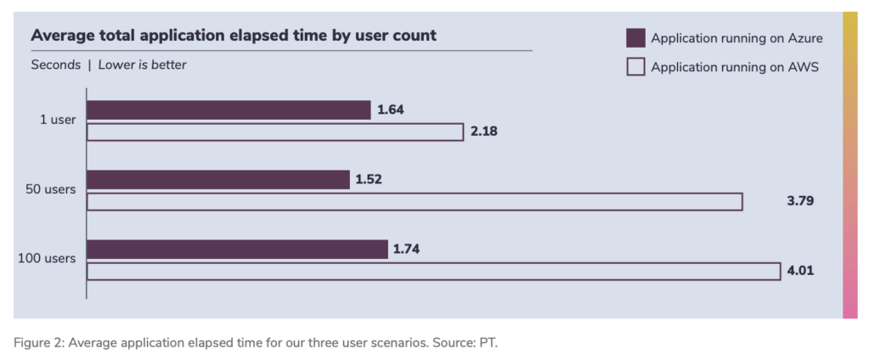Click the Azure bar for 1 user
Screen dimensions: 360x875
pos(229,110)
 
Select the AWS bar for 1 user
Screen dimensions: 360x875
pos(275,132)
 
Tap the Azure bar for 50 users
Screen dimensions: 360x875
pos(218,179)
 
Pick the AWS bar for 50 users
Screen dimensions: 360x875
pos(415,202)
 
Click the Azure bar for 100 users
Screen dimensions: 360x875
pos(237,249)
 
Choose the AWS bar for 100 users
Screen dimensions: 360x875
pos(433,272)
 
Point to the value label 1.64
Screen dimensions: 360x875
pos(391,110)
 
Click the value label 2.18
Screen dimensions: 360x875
pos(483,132)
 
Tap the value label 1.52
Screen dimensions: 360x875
pos(370,179)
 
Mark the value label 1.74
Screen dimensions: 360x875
pos(407,249)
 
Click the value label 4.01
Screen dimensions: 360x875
pos(800,272)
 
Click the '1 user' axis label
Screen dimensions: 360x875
pos(58,120)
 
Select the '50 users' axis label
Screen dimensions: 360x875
pos(53,189)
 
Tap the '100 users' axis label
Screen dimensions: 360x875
pos(48,258)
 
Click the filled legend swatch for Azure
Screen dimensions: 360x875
pos(635,37)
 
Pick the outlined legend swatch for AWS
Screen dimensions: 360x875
pos(635,67)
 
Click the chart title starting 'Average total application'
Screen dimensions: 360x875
pos(234,36)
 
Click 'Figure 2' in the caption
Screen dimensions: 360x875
pos(38,342)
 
